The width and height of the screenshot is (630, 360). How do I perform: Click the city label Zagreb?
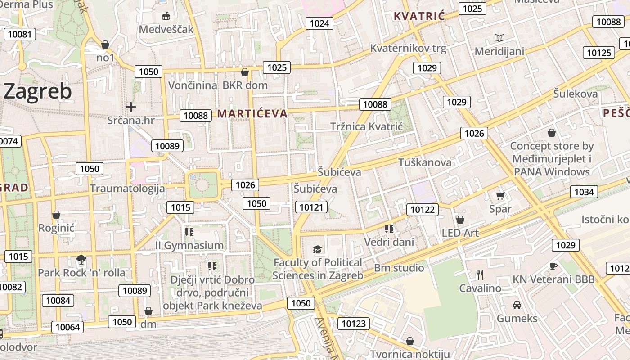pyautogui.click(x=38, y=91)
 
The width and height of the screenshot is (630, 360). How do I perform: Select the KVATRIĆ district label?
pyautogui.click(x=419, y=17)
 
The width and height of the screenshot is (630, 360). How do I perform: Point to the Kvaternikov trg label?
pyautogui.click(x=408, y=48)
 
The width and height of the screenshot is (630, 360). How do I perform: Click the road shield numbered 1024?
pyautogui.click(x=319, y=23)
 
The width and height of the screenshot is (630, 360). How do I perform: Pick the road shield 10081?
pyautogui.click(x=20, y=34)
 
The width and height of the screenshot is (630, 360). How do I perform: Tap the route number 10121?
pyautogui.click(x=311, y=207)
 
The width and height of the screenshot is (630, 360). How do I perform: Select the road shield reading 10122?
pyautogui.click(x=423, y=209)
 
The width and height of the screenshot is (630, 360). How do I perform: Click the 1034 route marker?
pyautogui.click(x=584, y=192)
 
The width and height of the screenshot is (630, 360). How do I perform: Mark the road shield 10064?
pyautogui.click(x=68, y=327)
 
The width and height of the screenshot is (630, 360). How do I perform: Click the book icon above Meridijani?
pyautogui.click(x=499, y=38)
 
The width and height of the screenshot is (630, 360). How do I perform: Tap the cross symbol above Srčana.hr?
pyautogui.click(x=131, y=107)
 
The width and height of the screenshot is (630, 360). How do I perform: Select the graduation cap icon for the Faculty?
pyautogui.click(x=318, y=249)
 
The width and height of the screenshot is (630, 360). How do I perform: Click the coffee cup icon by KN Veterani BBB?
pyautogui.click(x=553, y=266)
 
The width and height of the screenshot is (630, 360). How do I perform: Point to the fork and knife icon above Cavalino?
pyautogui.click(x=480, y=274)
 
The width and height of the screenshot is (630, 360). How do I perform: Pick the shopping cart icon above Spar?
pyautogui.click(x=500, y=196)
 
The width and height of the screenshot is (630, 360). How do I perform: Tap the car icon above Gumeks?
pyautogui.click(x=517, y=305)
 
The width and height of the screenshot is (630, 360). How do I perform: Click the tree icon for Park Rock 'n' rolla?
pyautogui.click(x=81, y=259)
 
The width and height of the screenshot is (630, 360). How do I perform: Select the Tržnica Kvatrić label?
pyautogui.click(x=366, y=126)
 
